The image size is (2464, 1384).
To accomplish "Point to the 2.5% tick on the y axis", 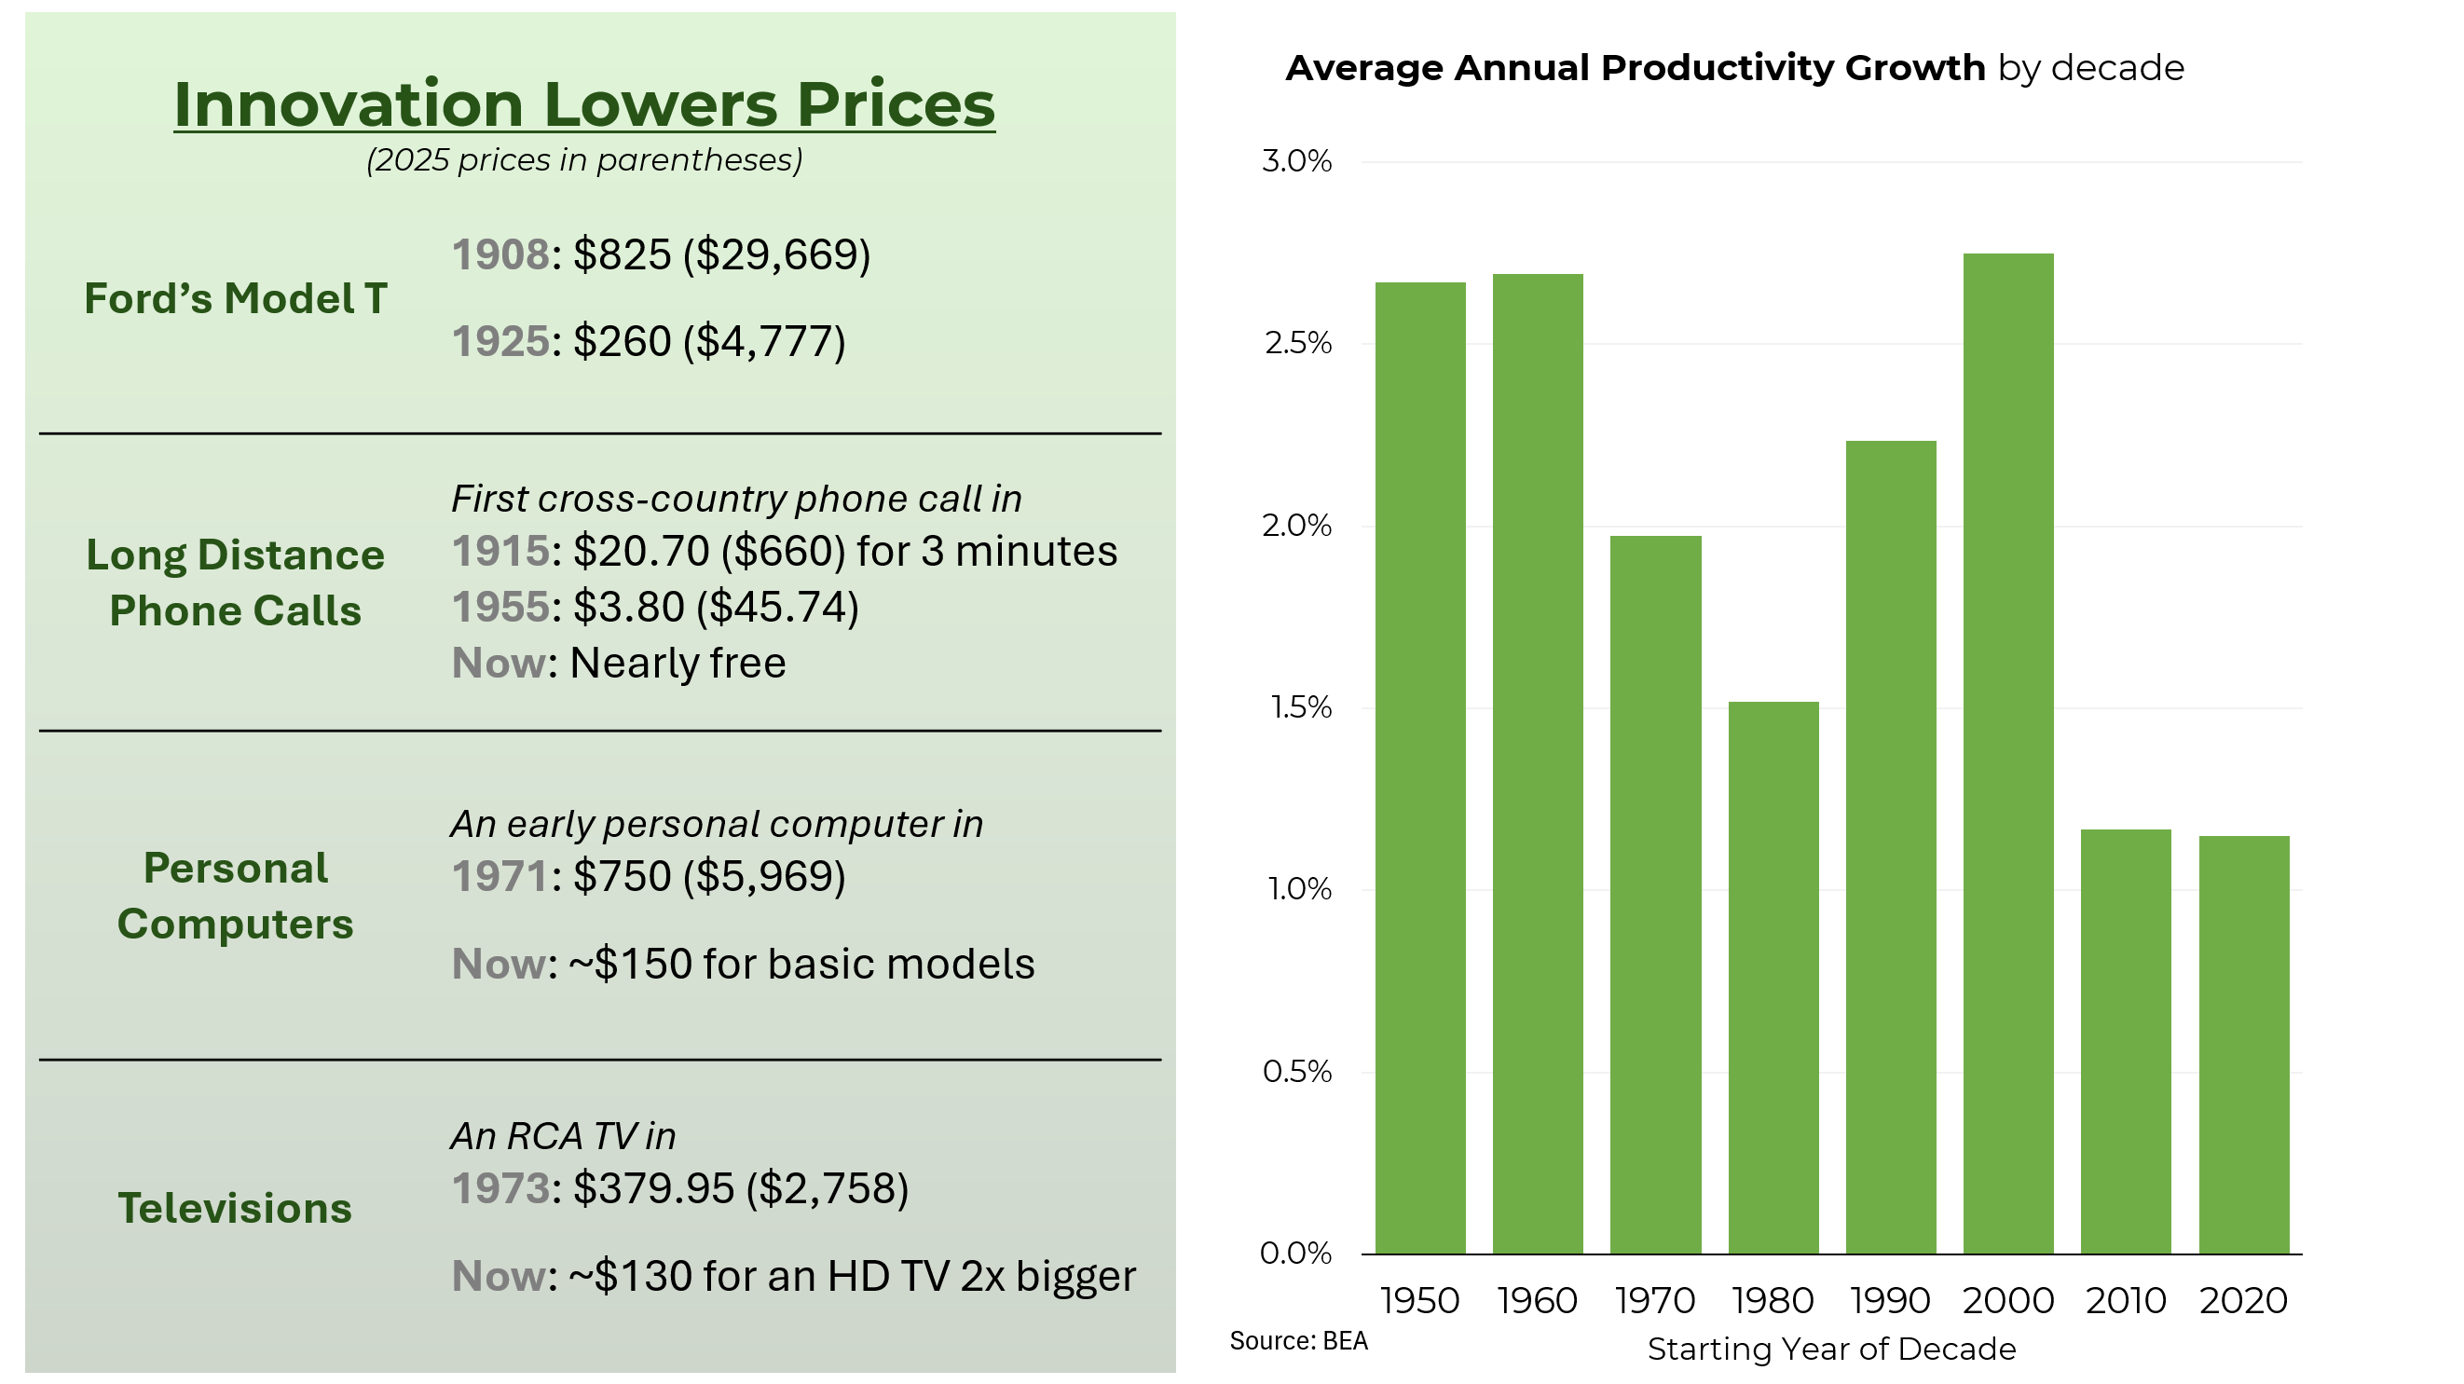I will [1297, 343].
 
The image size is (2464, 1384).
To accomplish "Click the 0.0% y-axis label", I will [1295, 1253].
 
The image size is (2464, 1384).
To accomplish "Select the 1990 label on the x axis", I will [1890, 1301].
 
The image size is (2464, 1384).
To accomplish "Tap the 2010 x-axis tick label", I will [2126, 1301].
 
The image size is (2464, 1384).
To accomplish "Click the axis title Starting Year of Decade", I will [1831, 1350].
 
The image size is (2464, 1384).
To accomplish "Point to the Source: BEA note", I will [1298, 1341].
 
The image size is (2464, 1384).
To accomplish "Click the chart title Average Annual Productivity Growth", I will [1635, 69].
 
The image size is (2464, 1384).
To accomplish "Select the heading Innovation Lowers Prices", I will [584, 103].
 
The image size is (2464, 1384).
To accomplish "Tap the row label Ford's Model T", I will [235, 298].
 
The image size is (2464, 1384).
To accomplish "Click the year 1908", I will [500, 254].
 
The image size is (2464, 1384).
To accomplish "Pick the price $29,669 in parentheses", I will [776, 254].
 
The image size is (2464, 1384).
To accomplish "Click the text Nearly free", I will [678, 663].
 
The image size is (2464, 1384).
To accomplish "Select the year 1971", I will [500, 876].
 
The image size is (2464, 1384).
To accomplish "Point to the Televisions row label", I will [235, 1208].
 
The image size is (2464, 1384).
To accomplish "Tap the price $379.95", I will [653, 1189].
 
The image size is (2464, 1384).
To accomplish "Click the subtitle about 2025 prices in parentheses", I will [584, 159].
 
